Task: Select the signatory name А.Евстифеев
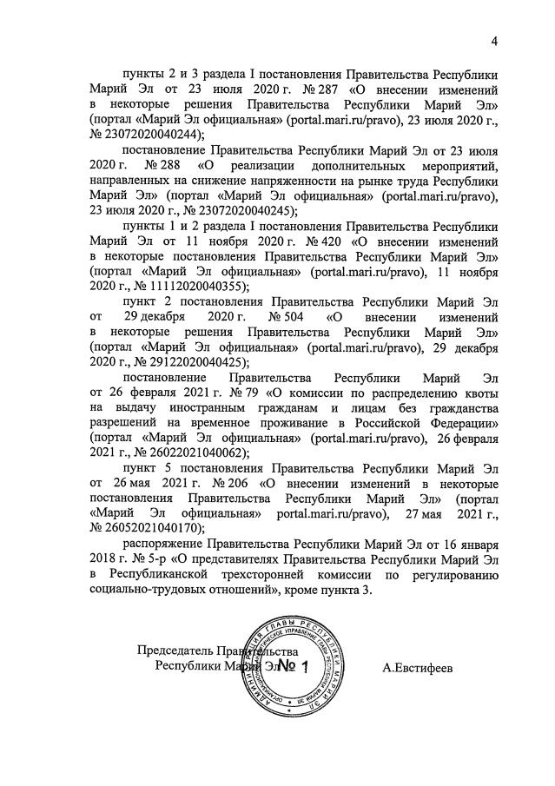(x=418, y=667)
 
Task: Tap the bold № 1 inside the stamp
(x=291, y=667)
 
